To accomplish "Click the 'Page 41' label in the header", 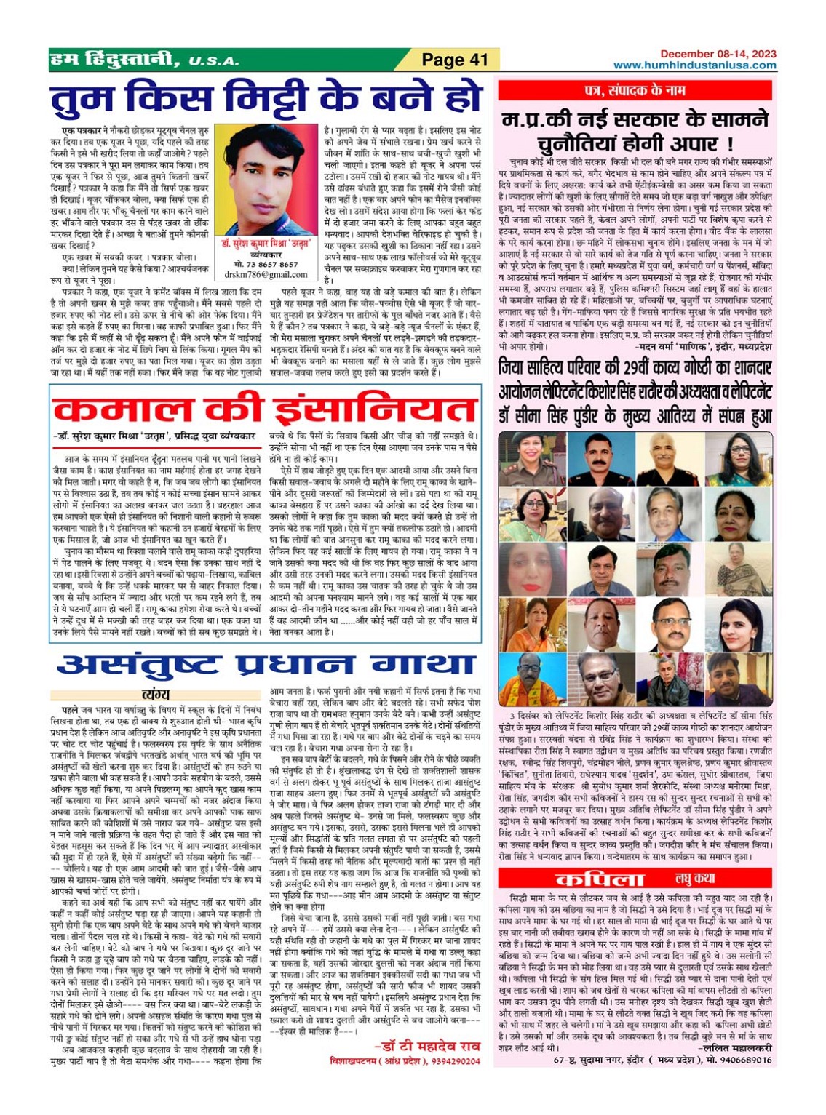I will pyautogui.click(x=454, y=60).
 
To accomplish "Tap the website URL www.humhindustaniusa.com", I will pyautogui.click(x=694, y=65).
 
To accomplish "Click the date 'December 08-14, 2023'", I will pyautogui.click(x=718, y=54).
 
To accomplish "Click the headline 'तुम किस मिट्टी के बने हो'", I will pyautogui.click(x=266, y=100).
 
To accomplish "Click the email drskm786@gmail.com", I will pyautogui.click(x=266, y=275).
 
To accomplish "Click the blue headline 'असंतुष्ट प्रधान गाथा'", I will pyautogui.click(x=266, y=665).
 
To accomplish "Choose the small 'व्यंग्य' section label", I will pyautogui.click(x=156, y=695).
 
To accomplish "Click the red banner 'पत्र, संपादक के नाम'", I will pyautogui.click(x=635, y=90).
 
